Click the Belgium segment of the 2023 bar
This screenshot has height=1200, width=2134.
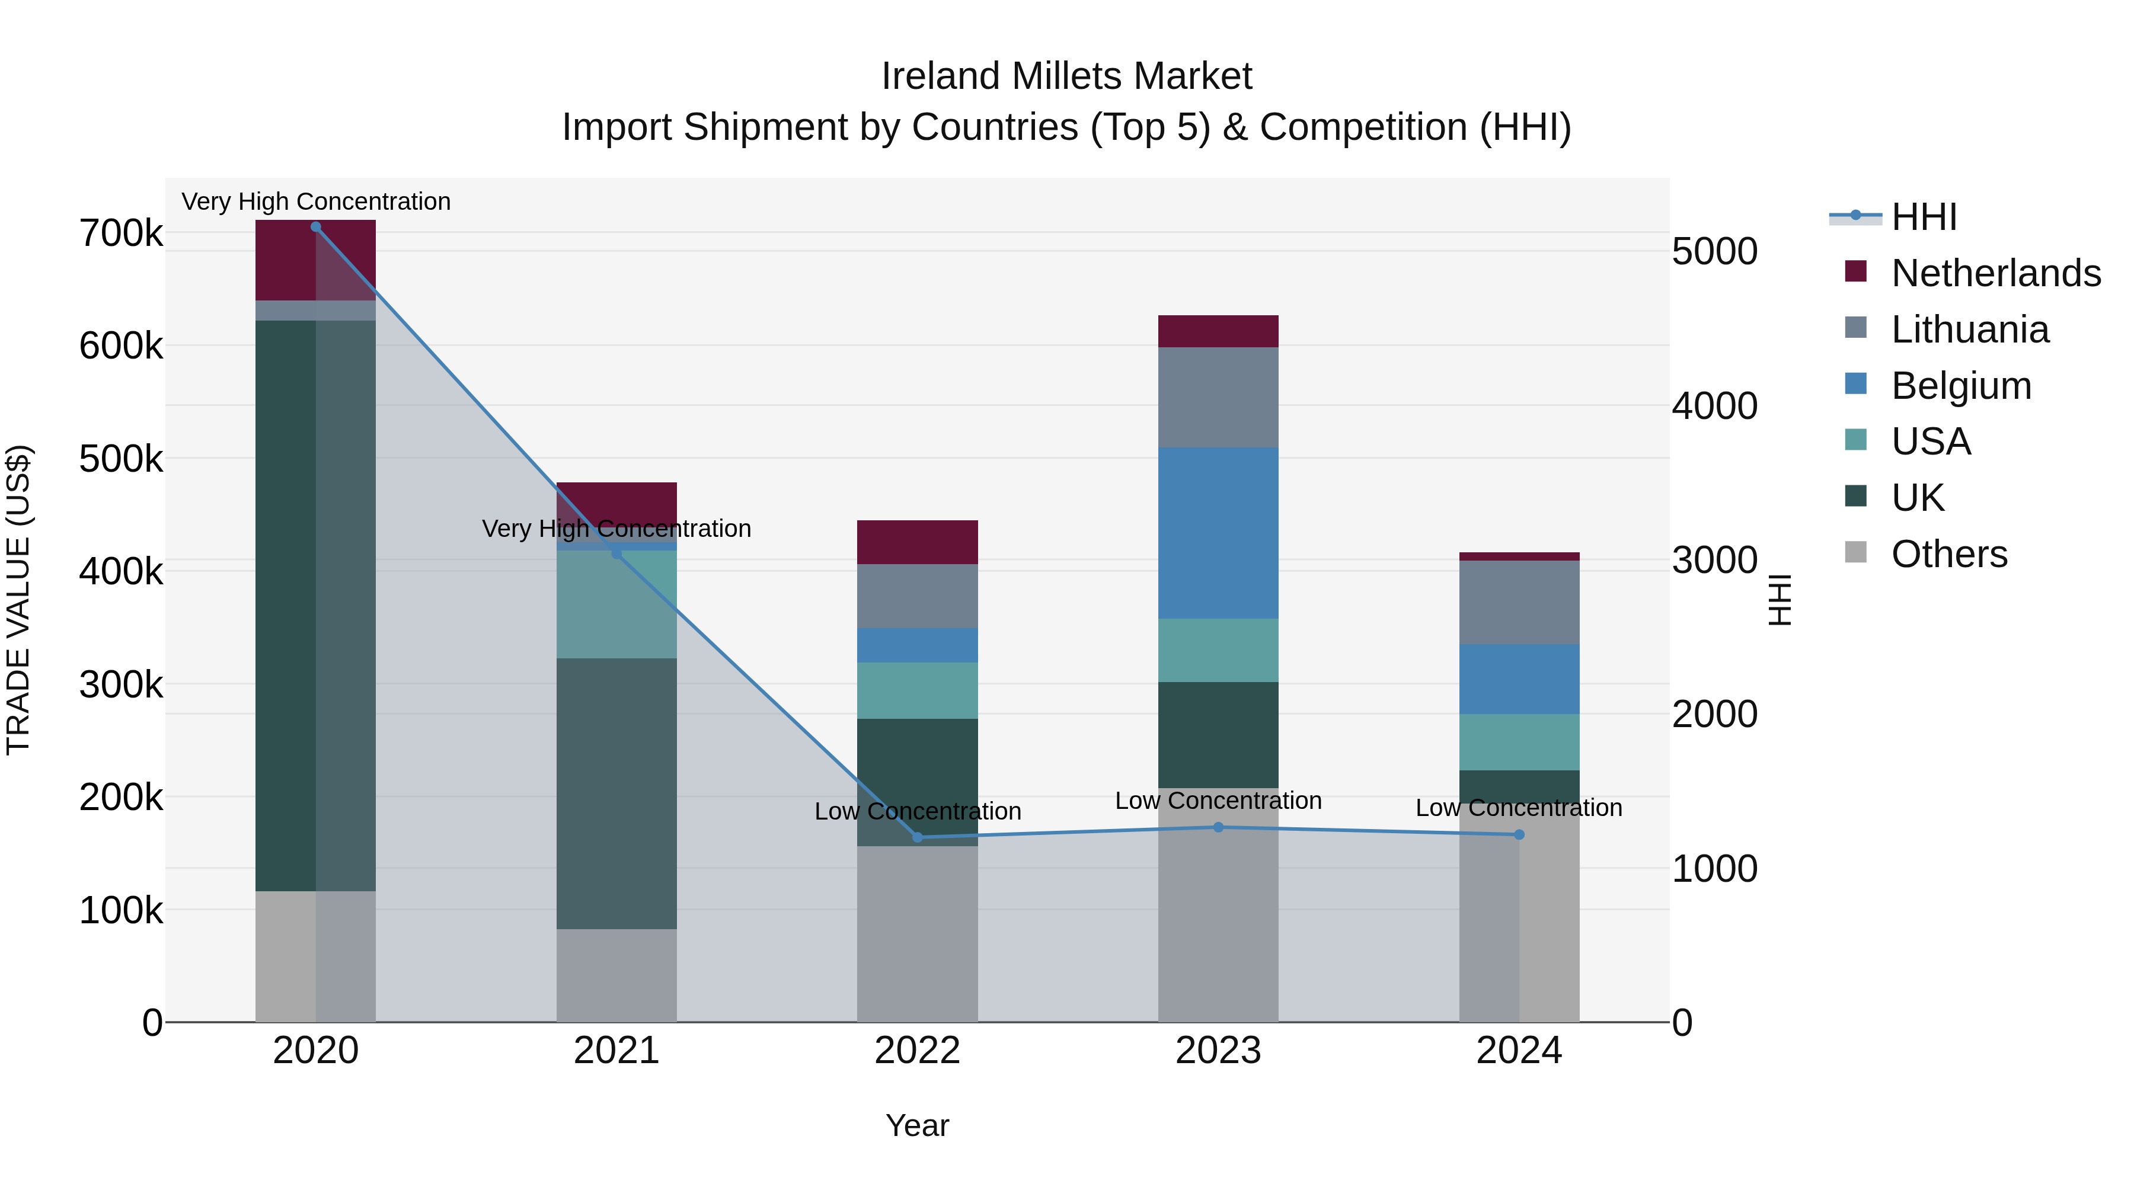click(1218, 533)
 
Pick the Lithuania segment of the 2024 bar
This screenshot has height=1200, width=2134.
click(1519, 602)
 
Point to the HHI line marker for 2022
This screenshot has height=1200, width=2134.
click(917, 837)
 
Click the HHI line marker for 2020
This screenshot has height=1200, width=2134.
click(315, 227)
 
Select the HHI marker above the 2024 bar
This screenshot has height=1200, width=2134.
click(1519, 835)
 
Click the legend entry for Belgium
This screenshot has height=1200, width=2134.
click(1960, 386)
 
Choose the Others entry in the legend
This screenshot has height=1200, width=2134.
click(1948, 554)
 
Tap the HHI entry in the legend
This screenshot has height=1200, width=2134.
click(1924, 217)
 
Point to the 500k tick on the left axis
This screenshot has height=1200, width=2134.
click(121, 459)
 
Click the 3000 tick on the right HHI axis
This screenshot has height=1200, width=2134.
click(1714, 561)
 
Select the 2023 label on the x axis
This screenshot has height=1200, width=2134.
click(1218, 1051)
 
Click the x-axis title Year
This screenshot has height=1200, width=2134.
click(917, 1125)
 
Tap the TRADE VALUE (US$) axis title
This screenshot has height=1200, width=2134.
click(18, 600)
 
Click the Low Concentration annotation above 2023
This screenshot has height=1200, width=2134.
click(1218, 801)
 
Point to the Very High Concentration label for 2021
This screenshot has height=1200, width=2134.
click(616, 529)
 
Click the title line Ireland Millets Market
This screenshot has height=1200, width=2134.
click(1066, 76)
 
